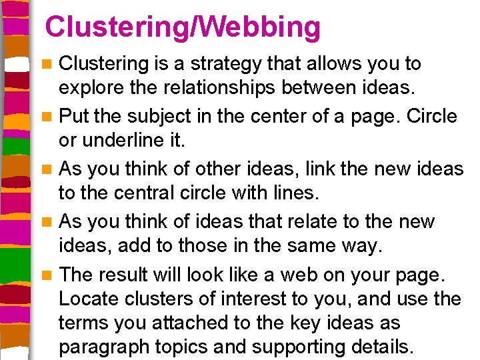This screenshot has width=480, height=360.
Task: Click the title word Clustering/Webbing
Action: click(x=183, y=27)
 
